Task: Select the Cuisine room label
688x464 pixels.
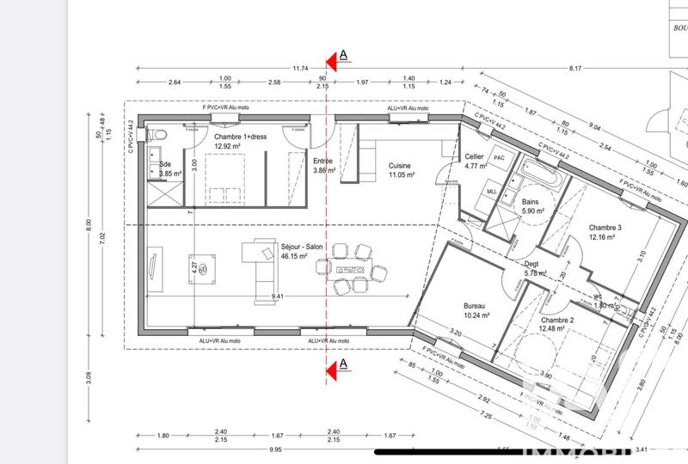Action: (400, 166)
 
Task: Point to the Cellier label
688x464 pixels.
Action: (474, 156)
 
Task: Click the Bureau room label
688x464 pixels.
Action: (475, 307)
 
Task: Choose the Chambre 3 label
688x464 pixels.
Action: (605, 228)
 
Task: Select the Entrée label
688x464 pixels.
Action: (322, 162)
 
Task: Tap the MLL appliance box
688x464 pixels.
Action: (493, 192)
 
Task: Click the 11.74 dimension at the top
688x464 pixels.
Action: (300, 68)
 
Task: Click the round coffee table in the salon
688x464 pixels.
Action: (206, 271)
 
